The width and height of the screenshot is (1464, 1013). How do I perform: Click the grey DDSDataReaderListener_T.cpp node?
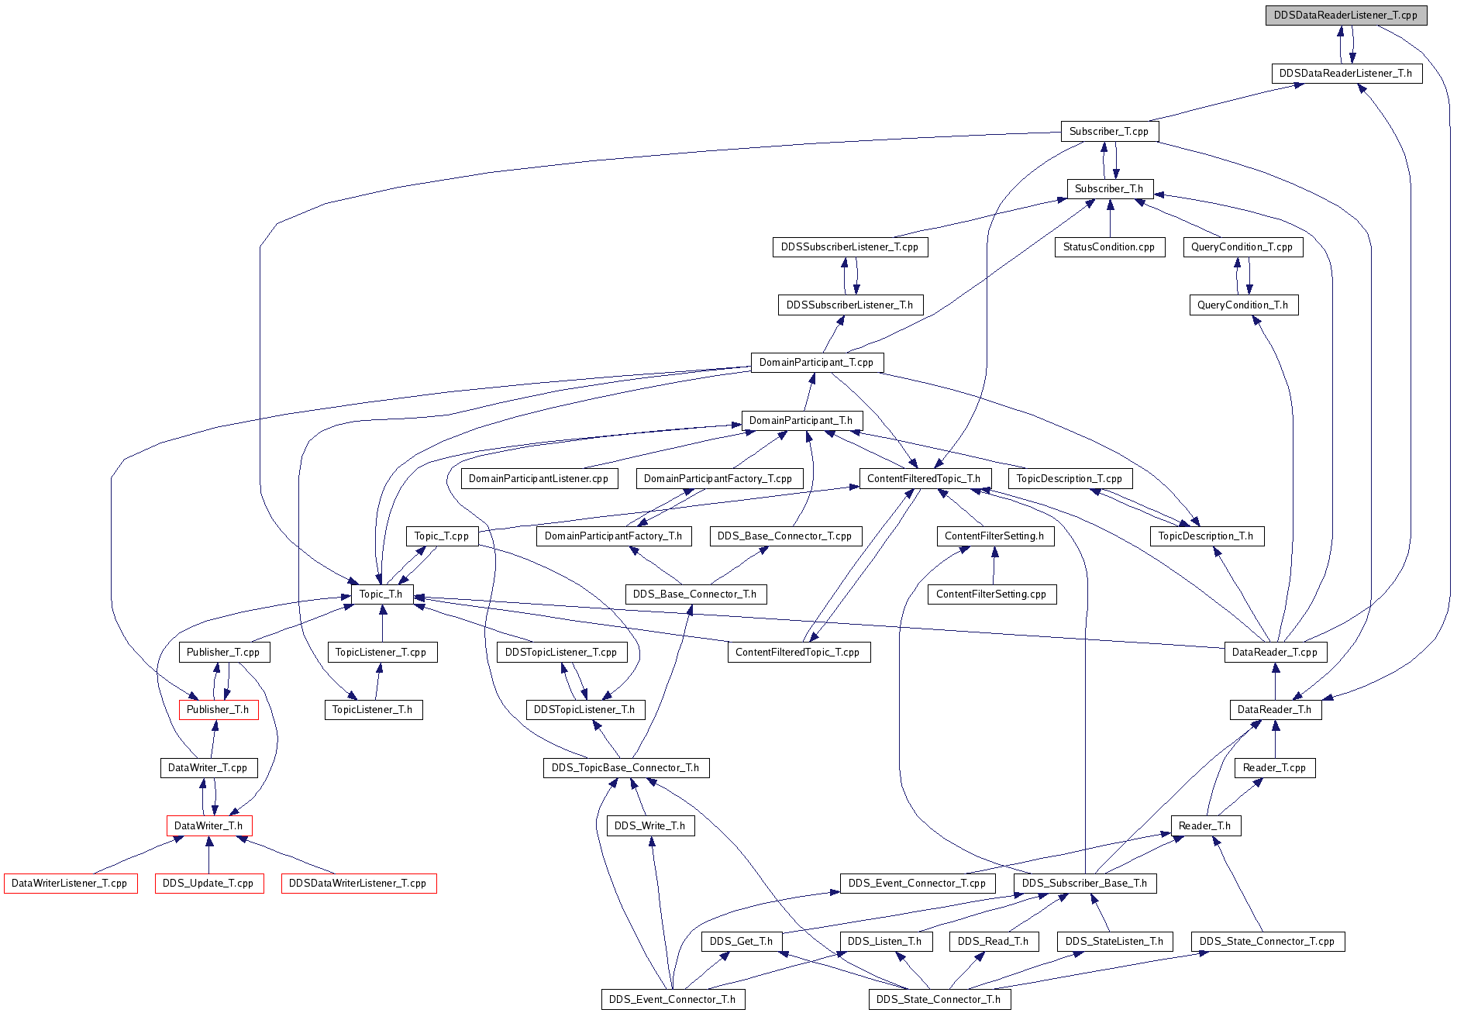point(1345,16)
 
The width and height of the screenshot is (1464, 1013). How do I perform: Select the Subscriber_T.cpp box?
point(1109,131)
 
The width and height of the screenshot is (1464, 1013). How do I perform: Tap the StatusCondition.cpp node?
point(1109,247)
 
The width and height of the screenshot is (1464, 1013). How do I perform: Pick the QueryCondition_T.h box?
point(1243,305)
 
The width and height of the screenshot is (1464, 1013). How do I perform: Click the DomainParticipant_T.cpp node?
point(817,363)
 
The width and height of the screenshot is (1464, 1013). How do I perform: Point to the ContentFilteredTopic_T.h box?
point(925,479)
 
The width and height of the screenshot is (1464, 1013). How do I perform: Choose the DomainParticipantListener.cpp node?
point(539,479)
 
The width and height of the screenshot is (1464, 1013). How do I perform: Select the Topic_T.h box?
point(381,594)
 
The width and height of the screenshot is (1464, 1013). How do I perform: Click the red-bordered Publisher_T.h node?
point(218,710)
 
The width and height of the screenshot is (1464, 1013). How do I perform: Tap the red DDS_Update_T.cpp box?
point(208,884)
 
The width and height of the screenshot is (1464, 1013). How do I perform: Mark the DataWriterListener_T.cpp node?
point(70,884)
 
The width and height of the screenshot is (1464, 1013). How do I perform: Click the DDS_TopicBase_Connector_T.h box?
point(625,768)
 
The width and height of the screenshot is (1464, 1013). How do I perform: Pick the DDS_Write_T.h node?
point(650,826)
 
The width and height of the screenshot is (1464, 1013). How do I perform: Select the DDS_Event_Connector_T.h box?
point(673,1000)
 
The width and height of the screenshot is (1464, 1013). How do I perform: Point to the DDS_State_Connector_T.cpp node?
point(1267,942)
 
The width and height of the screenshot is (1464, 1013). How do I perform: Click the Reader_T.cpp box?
point(1275,768)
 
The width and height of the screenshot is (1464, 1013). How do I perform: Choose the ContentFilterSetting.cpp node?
point(991,594)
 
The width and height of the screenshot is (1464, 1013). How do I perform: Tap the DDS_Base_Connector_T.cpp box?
point(785,536)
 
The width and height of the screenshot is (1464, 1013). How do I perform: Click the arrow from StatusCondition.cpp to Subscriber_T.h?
point(1110,218)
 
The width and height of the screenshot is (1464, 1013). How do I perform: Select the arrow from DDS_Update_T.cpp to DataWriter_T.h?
point(208,855)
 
